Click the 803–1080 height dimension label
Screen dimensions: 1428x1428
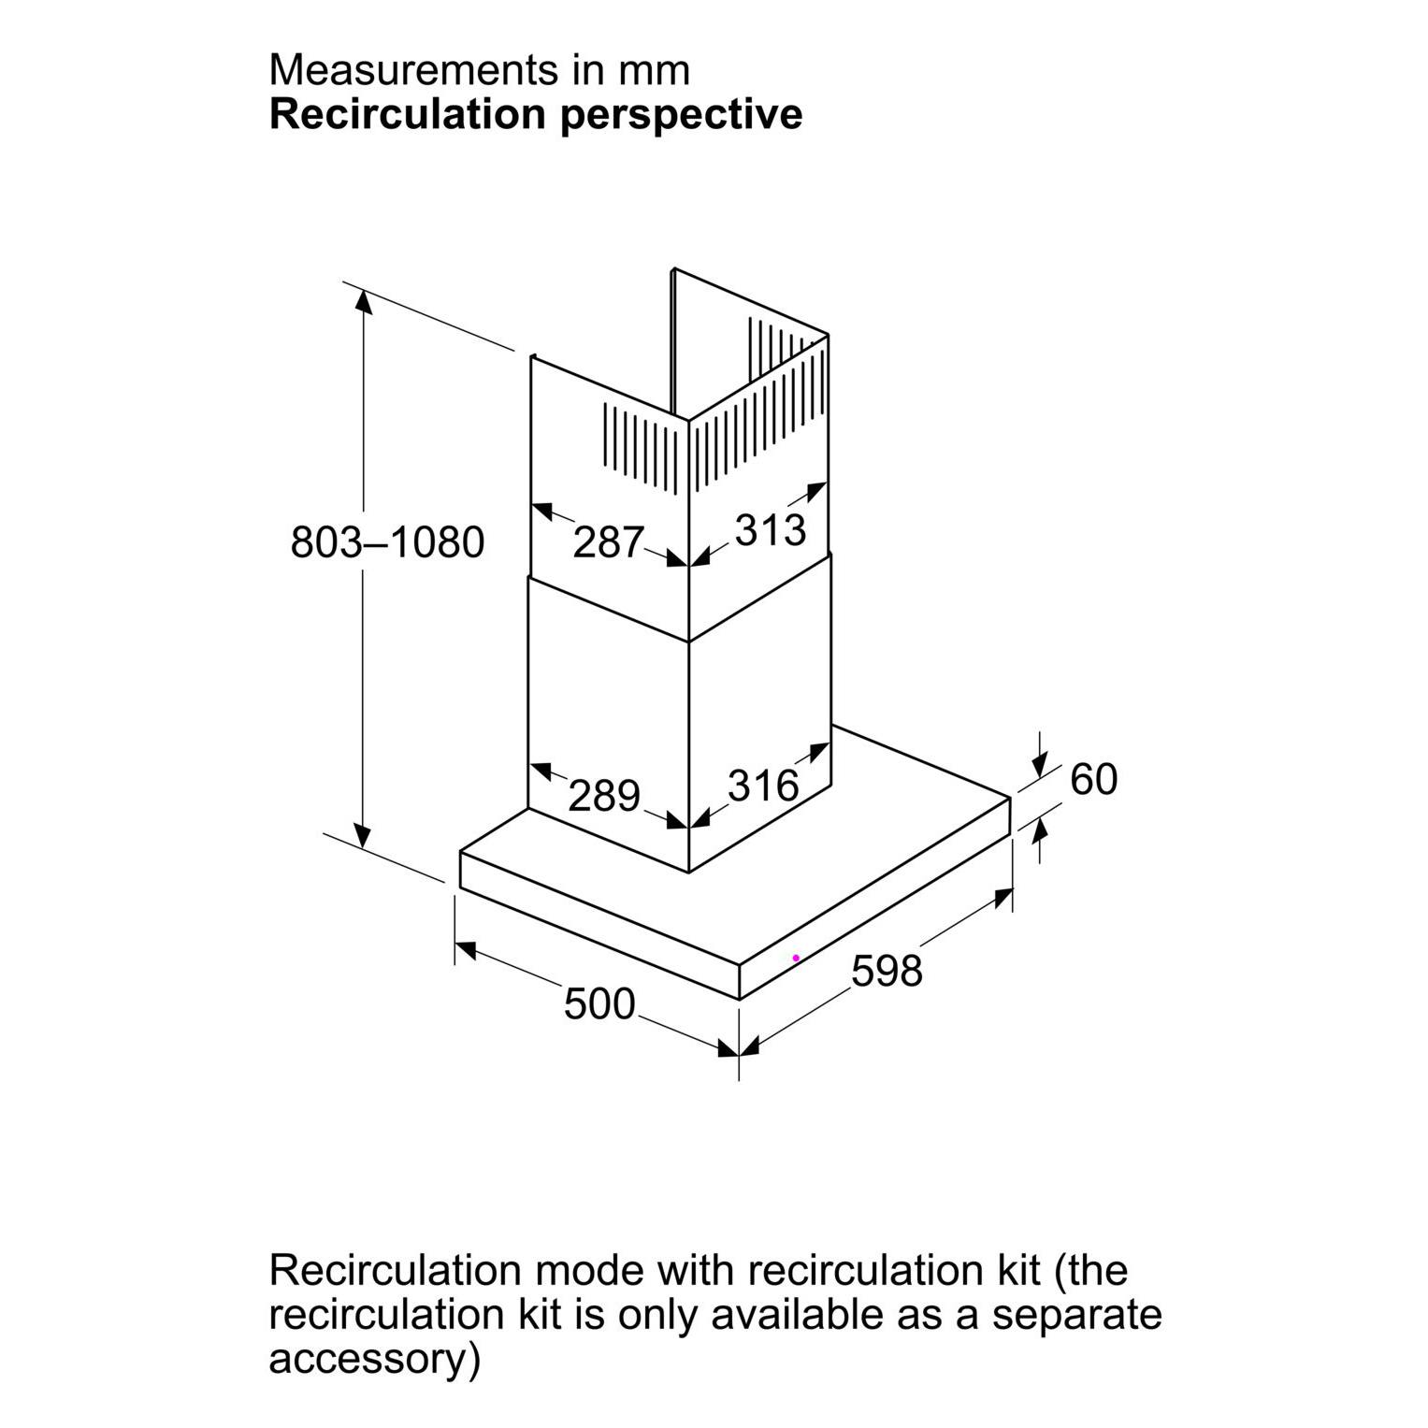point(387,542)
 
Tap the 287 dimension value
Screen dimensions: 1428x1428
point(608,542)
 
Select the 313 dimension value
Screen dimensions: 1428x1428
point(770,530)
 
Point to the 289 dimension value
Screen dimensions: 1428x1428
point(604,796)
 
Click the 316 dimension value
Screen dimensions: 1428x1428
point(763,786)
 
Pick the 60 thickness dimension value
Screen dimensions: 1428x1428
point(1093,779)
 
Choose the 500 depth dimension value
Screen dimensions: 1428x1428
point(599,1003)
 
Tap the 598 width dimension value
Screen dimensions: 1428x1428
point(887,971)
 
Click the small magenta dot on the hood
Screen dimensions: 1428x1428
point(796,958)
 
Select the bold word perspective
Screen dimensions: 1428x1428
point(682,114)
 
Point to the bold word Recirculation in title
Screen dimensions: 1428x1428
point(407,114)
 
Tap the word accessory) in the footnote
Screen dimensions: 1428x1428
point(374,1359)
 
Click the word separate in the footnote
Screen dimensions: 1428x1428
point(1076,1314)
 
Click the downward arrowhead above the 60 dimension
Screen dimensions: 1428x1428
point(1039,767)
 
